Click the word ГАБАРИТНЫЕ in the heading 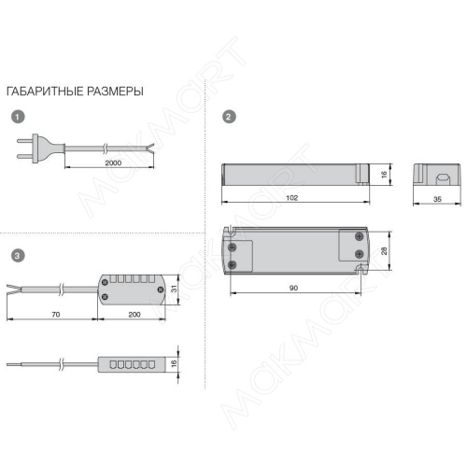click(45, 92)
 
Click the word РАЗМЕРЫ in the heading click(115, 92)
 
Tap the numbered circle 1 click(18, 117)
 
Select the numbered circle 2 click(229, 117)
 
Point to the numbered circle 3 click(18, 256)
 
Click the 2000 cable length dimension click(113, 163)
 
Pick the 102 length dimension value click(292, 198)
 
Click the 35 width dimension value click(437, 199)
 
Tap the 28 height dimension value click(384, 251)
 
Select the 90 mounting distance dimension click(293, 288)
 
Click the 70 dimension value click(56, 315)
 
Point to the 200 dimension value click(134, 315)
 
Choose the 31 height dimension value click(174, 289)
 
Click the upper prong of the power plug click(24, 141)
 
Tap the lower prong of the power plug click(24, 156)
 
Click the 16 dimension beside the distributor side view click(174, 362)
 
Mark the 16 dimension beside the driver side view click(384, 175)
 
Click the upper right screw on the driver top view click(360, 236)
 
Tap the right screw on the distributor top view click(161, 290)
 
